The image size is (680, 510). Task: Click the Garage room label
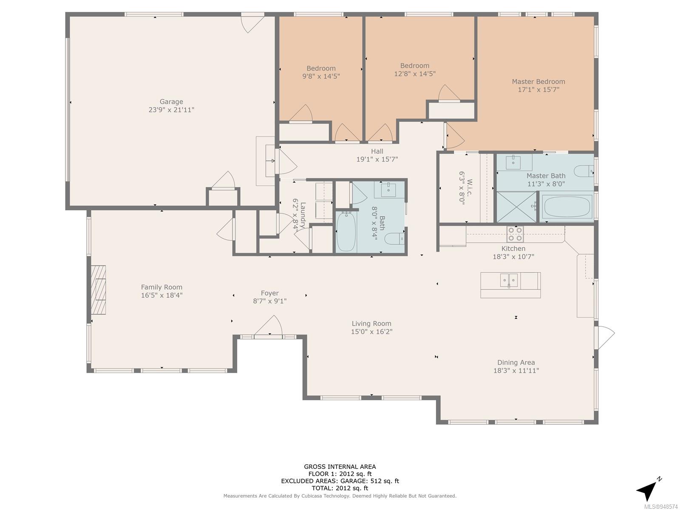coord(171,102)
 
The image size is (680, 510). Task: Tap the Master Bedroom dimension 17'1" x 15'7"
coord(538,90)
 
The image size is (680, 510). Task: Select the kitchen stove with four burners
coord(515,234)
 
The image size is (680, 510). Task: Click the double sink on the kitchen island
coord(509,280)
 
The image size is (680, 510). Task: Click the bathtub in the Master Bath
coord(567,206)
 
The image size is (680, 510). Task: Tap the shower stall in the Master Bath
coord(516,207)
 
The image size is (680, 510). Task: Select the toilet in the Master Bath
coord(584,171)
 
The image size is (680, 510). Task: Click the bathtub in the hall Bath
coord(346,231)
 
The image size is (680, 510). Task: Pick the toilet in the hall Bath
coord(394,238)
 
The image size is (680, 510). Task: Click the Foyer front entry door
coord(268,326)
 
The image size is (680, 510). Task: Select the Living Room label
coord(371,323)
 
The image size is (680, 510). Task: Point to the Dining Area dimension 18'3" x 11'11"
coord(516,370)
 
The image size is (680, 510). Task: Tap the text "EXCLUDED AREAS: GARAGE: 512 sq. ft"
coord(340,481)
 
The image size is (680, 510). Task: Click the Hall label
coord(377,151)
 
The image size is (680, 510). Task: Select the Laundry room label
coord(303,215)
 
